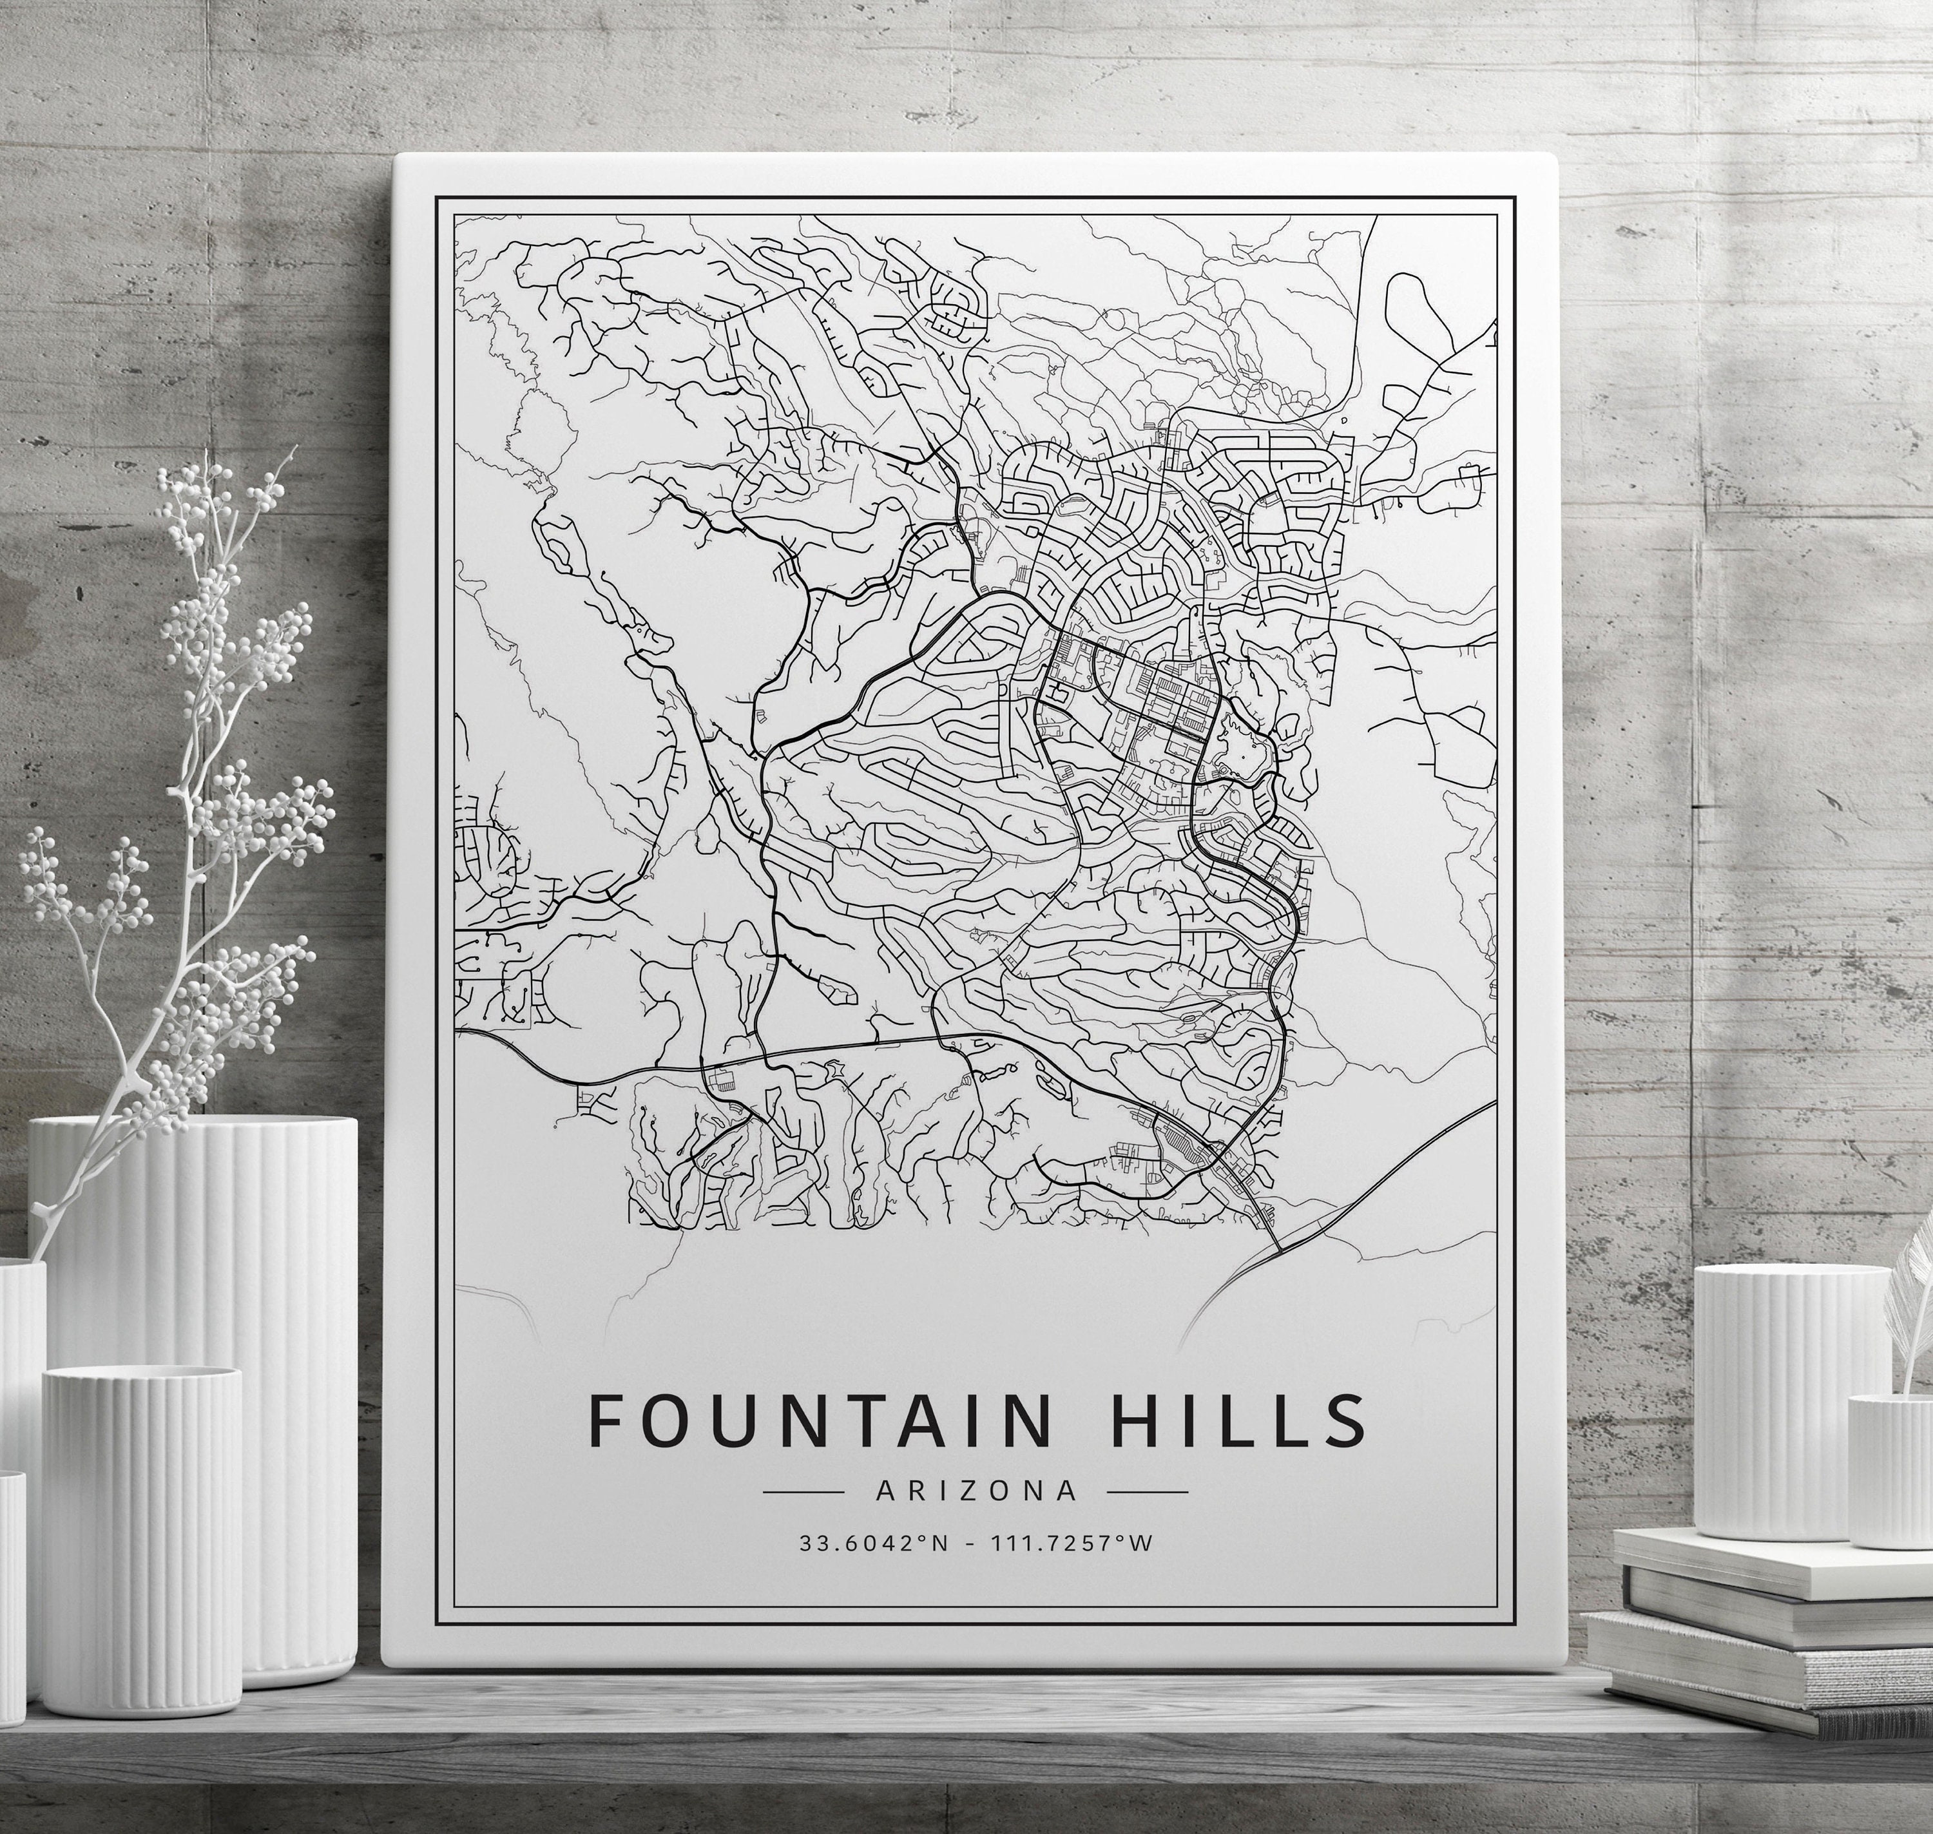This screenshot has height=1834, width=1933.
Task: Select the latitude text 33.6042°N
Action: click(873, 1543)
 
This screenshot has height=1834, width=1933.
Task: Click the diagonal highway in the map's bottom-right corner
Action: click(1389, 1173)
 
